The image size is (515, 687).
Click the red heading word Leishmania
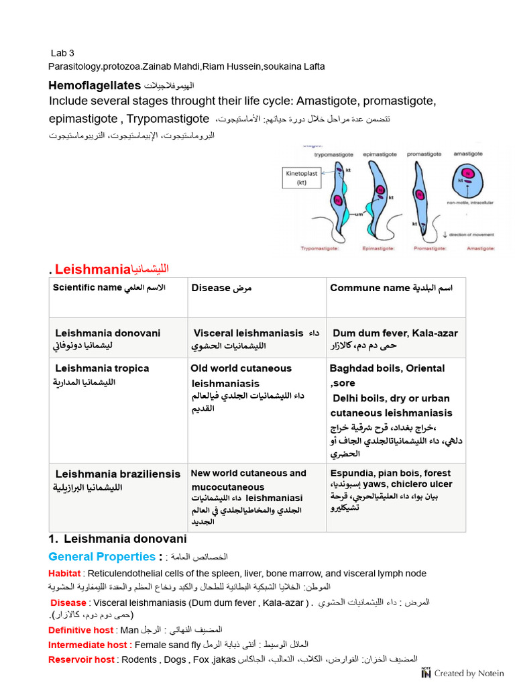92,270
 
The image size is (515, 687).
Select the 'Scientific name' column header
88,288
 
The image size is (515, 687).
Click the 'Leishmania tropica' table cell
102,368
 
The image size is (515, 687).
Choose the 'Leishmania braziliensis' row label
118,474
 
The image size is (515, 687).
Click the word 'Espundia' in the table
351,473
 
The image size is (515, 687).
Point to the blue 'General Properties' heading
102,556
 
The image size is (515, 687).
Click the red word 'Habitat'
64,574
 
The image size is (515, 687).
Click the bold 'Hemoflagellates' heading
95,85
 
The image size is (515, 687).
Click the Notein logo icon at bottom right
426,672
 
